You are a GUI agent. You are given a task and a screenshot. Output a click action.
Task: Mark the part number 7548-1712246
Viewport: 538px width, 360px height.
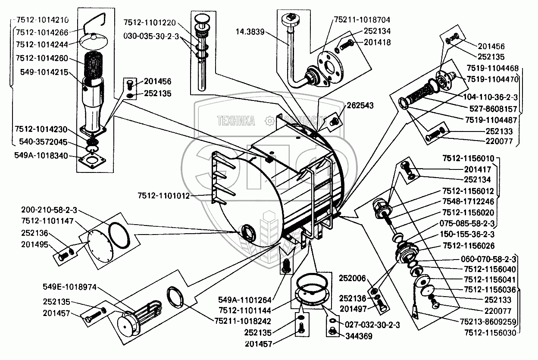pyautogui.click(x=468, y=201)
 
